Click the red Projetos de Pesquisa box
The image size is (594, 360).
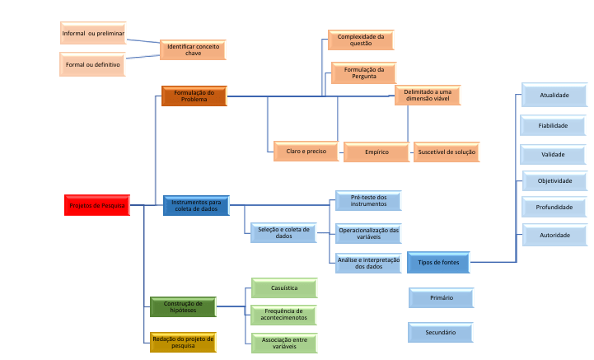pos(97,205)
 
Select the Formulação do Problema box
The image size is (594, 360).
pos(194,96)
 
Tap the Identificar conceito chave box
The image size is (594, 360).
pos(193,50)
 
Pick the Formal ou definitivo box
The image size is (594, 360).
pos(93,63)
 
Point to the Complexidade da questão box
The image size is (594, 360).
pos(361,40)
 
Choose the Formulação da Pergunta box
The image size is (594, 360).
pos(363,73)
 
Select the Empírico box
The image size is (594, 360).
pos(377,152)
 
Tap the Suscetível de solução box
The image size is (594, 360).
pos(446,152)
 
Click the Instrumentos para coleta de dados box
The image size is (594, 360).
pos(196,206)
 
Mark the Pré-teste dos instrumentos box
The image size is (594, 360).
pos(368,201)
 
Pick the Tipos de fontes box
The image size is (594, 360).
pos(438,263)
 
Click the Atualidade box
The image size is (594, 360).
pos(554,96)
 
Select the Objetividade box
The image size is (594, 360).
pos(554,180)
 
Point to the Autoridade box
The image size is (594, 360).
pos(554,235)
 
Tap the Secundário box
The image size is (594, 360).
pos(441,332)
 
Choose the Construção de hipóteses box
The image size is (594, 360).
pos(182,307)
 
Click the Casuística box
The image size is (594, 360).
pos(284,288)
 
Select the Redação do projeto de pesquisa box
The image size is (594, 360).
pos(183,342)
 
